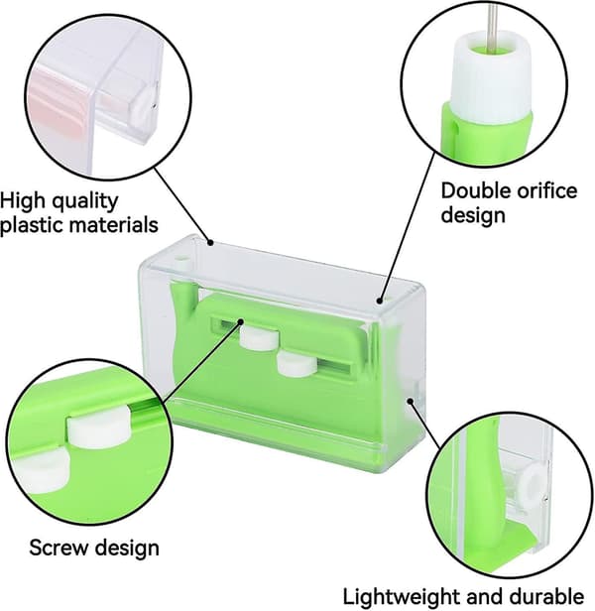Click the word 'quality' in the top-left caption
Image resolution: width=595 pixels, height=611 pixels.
pyautogui.click(x=84, y=202)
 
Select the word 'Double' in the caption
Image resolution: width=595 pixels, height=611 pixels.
pyautogui.click(x=474, y=190)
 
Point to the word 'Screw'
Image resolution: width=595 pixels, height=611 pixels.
pyautogui.click(x=59, y=548)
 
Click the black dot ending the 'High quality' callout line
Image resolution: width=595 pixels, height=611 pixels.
pyautogui.click(x=210, y=242)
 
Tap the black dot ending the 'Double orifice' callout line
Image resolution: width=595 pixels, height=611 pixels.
pyautogui.click(x=380, y=300)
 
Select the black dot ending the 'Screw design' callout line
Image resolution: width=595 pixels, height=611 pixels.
pyautogui.click(x=241, y=321)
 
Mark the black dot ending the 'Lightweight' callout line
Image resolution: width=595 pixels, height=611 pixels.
pyautogui.click(x=410, y=401)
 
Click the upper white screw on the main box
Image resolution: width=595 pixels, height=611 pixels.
pyautogui.click(x=259, y=337)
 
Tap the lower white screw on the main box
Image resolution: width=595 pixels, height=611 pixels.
pyautogui.click(x=297, y=364)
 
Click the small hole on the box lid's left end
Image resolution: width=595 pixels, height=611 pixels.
pyautogui.click(x=181, y=258)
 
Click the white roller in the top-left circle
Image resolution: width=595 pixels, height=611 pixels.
pyautogui.click(x=145, y=103)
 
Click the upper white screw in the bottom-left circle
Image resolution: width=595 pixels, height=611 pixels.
pyautogui.click(x=99, y=428)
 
